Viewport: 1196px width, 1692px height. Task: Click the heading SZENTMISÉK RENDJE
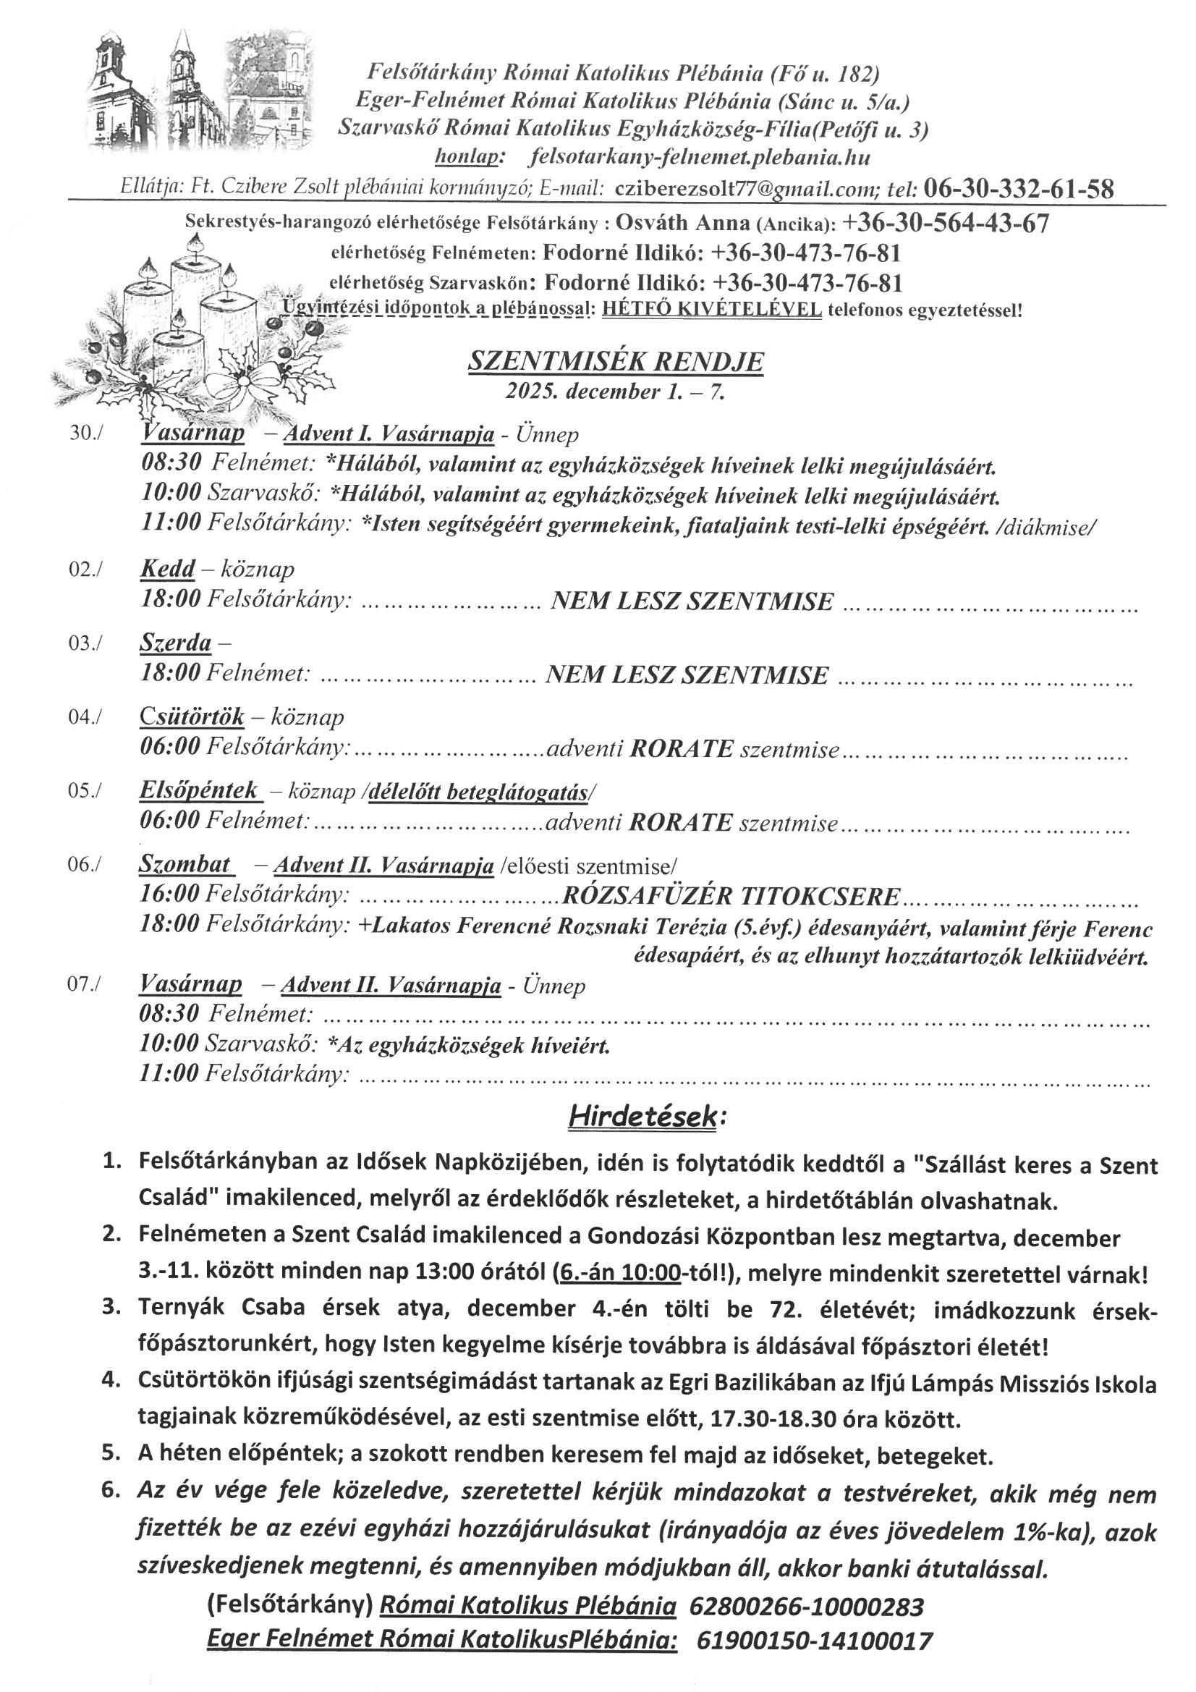tap(616, 362)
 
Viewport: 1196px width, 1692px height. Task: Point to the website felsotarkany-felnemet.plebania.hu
tap(700, 158)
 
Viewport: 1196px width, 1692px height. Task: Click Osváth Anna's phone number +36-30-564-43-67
tap(946, 223)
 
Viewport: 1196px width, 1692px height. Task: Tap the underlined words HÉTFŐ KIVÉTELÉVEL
tap(712, 310)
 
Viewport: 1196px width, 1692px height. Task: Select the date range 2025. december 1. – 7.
tap(615, 392)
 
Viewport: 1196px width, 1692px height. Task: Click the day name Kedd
tap(167, 569)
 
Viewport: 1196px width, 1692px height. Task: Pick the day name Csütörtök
tap(192, 716)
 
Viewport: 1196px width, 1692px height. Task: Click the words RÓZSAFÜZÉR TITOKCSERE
tap(730, 896)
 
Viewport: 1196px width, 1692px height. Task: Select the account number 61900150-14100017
tap(814, 1655)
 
